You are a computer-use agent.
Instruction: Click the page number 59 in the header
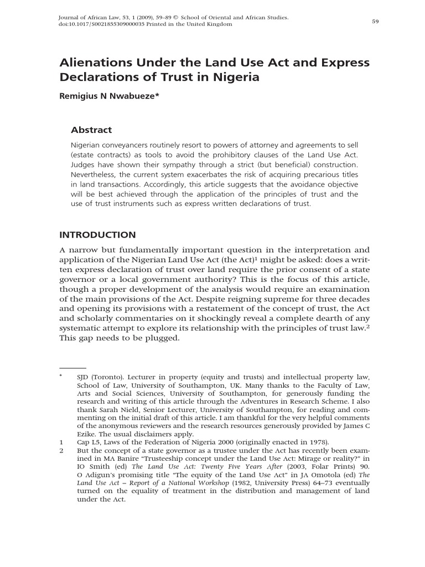pos(375,22)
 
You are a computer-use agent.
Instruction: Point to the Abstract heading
pos(91,130)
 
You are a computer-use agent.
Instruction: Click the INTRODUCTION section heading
pos(97,235)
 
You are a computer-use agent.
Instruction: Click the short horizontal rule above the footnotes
pos(73,368)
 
